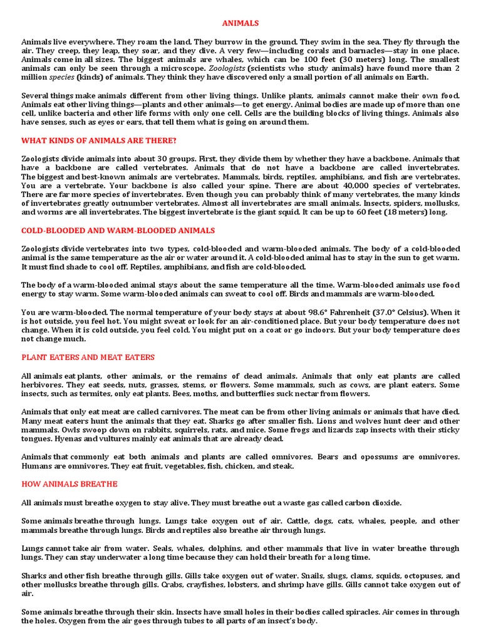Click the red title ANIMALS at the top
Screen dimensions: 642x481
[x=240, y=23]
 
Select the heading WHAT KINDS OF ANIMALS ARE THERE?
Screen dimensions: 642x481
[x=99, y=140]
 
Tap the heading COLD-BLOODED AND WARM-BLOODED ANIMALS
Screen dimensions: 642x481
[x=118, y=231]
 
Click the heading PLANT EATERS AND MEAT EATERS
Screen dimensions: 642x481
[x=88, y=357]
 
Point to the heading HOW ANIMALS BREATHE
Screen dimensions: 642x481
[x=70, y=484]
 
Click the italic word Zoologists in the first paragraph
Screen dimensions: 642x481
[x=226, y=68]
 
